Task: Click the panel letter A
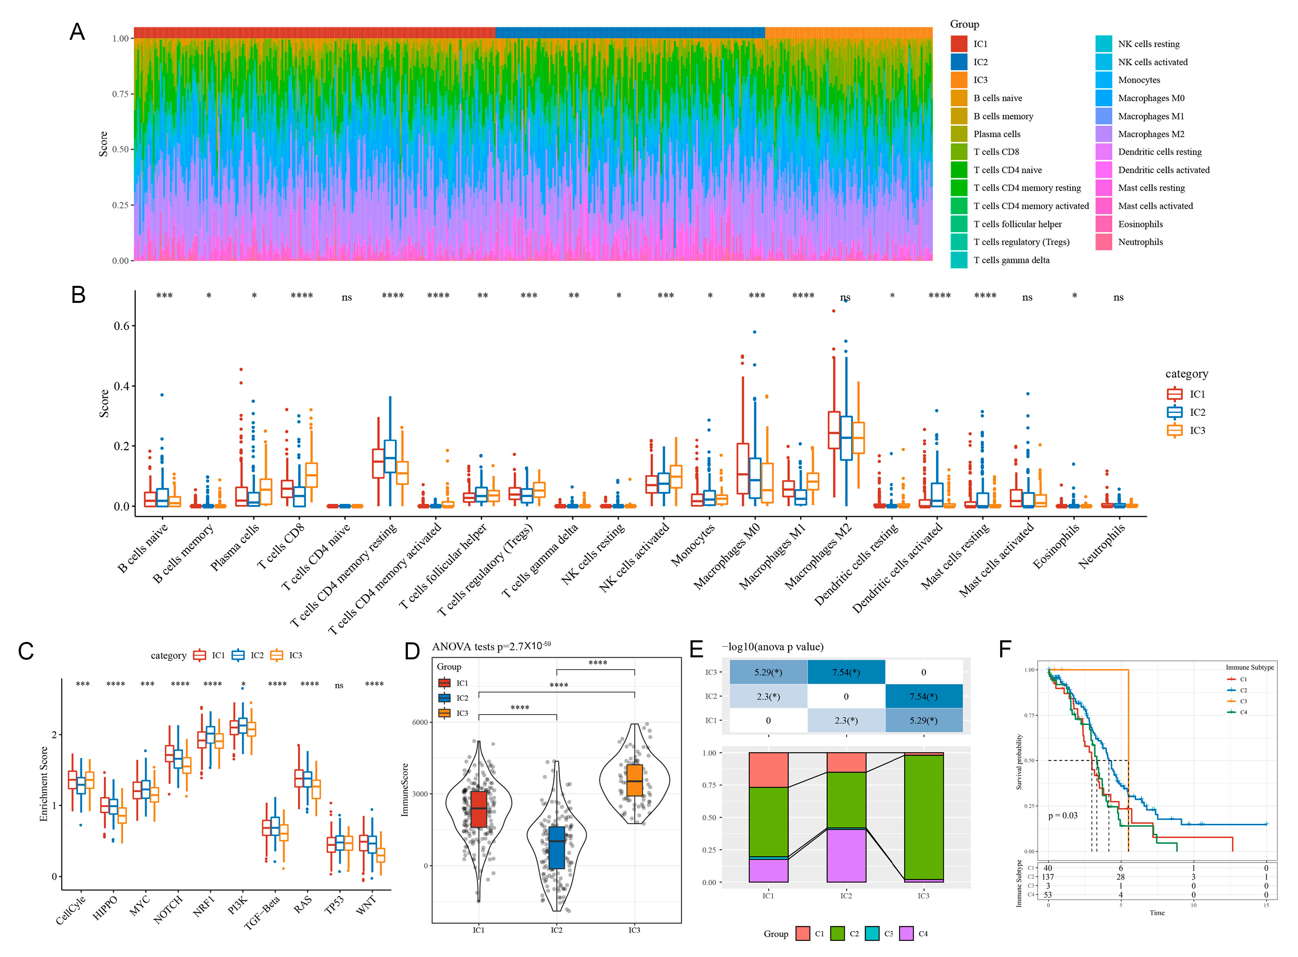[x=77, y=32]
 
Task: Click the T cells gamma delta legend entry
[x=1011, y=260]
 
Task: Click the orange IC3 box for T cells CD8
[x=311, y=475]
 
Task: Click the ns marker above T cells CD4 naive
[x=347, y=298]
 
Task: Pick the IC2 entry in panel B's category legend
[x=1197, y=413]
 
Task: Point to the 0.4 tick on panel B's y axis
[x=121, y=387]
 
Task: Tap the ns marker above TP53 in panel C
[x=339, y=686]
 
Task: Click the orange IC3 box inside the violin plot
[x=635, y=780]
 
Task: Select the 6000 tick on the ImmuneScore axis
[x=420, y=722]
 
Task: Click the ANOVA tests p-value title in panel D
[x=492, y=646]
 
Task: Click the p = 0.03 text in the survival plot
[x=1063, y=816]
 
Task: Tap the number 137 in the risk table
[x=1048, y=877]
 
